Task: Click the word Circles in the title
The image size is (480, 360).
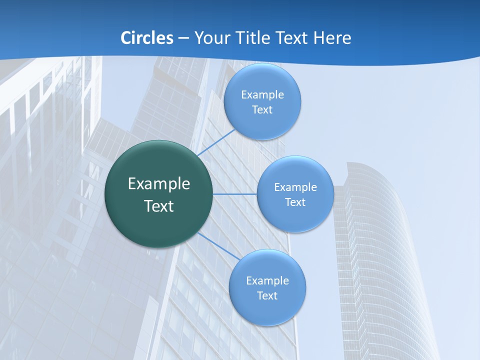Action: [147, 38]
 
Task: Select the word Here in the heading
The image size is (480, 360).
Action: [332, 38]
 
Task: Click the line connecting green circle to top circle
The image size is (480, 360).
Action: [216, 142]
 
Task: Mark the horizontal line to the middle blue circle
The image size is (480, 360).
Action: [235, 194]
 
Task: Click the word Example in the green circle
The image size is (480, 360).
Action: [159, 184]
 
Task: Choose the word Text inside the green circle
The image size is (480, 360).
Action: [159, 206]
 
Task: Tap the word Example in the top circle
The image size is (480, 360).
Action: [262, 95]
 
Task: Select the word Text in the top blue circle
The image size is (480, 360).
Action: [262, 110]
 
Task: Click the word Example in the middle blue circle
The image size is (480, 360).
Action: [295, 187]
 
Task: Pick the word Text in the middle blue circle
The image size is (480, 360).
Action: [295, 202]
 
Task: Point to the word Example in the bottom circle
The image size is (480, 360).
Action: [267, 281]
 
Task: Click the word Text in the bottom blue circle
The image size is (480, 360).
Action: [267, 296]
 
